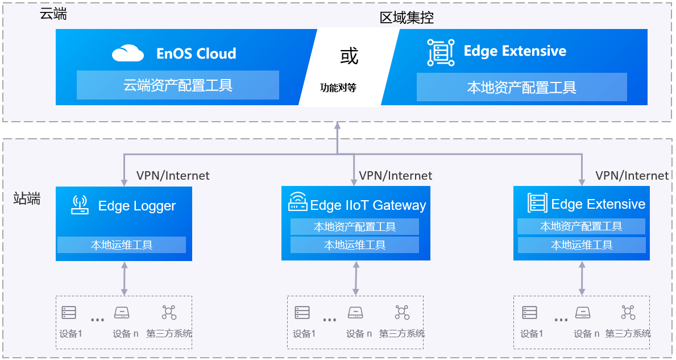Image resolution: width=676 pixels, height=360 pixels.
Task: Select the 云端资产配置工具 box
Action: (178, 85)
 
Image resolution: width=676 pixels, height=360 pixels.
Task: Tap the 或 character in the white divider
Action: (349, 56)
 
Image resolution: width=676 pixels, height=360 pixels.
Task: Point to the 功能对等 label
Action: (338, 88)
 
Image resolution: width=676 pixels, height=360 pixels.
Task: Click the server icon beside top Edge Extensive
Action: (441, 52)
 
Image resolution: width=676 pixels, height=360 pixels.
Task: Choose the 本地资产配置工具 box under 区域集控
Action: (521, 87)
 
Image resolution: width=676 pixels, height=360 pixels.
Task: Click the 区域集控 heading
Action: (407, 18)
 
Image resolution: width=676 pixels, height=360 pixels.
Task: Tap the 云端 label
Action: (53, 14)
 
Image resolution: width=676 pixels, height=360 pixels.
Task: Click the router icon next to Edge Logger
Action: (80, 205)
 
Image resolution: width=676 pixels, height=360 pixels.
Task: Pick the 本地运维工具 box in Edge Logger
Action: (122, 245)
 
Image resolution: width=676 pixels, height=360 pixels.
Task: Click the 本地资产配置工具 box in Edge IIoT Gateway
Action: (355, 227)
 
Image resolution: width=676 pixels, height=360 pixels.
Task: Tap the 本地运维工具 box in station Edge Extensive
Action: (581, 245)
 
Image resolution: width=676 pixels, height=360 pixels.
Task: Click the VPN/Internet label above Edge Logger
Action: (173, 176)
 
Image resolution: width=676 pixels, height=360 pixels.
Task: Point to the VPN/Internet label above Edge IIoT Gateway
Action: (396, 176)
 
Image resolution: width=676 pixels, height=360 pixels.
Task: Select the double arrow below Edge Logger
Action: (124, 278)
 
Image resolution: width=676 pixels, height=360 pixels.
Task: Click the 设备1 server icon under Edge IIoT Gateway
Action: (302, 313)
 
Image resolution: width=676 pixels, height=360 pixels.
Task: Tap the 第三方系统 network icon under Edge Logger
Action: (169, 312)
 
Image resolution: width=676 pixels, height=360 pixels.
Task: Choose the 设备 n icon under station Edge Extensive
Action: (582, 313)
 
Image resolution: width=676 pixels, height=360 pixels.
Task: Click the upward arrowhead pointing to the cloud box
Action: (338, 126)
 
